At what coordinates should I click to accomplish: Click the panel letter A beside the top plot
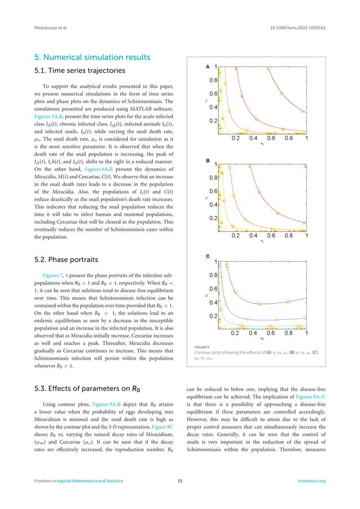pyautogui.click(x=208, y=67)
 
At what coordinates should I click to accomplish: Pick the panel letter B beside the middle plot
pyautogui.click(x=208, y=161)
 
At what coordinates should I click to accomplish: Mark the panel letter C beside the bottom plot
pyautogui.click(x=208, y=256)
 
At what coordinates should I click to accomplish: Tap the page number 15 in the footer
pyautogui.click(x=180, y=497)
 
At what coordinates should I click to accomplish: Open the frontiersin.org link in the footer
pyautogui.click(x=311, y=497)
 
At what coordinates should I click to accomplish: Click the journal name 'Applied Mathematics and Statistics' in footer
pyautogui.click(x=93, y=497)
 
